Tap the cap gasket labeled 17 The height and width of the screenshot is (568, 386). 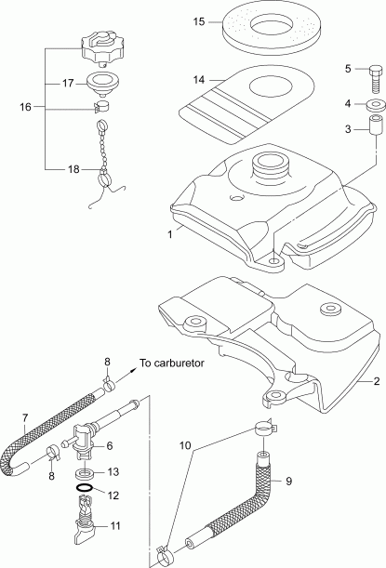point(104,84)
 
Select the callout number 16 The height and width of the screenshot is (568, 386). point(24,107)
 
